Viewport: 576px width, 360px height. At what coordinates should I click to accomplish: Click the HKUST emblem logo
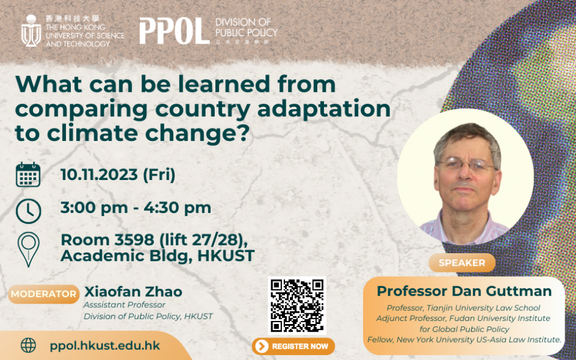tap(31, 31)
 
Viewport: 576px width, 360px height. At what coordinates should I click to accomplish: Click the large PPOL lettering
tap(175, 31)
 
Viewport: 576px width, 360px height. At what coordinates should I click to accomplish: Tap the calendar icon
tap(28, 175)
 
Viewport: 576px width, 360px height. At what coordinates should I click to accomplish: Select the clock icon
tap(28, 211)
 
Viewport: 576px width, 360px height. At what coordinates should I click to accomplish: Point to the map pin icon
tap(29, 249)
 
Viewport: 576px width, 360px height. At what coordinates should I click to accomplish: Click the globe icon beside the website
tap(28, 346)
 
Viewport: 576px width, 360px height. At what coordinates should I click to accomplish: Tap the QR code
tap(297, 305)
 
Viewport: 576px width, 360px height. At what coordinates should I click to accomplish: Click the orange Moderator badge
tap(44, 294)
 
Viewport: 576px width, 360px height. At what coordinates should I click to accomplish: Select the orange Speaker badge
tap(462, 263)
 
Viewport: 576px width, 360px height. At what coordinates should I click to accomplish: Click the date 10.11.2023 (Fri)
tap(118, 175)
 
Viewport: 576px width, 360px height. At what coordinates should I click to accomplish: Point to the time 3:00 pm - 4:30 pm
tap(136, 208)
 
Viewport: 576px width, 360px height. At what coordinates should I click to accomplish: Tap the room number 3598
tap(134, 240)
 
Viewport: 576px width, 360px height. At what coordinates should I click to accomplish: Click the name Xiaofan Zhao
tap(133, 292)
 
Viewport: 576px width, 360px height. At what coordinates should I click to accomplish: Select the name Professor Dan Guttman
tap(464, 291)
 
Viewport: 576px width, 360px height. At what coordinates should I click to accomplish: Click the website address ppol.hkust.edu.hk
tap(105, 346)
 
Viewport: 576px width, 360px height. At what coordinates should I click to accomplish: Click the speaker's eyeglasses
tap(467, 165)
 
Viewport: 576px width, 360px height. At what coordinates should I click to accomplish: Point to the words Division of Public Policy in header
tap(246, 28)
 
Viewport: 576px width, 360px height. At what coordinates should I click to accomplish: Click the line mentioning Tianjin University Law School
tap(463, 308)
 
